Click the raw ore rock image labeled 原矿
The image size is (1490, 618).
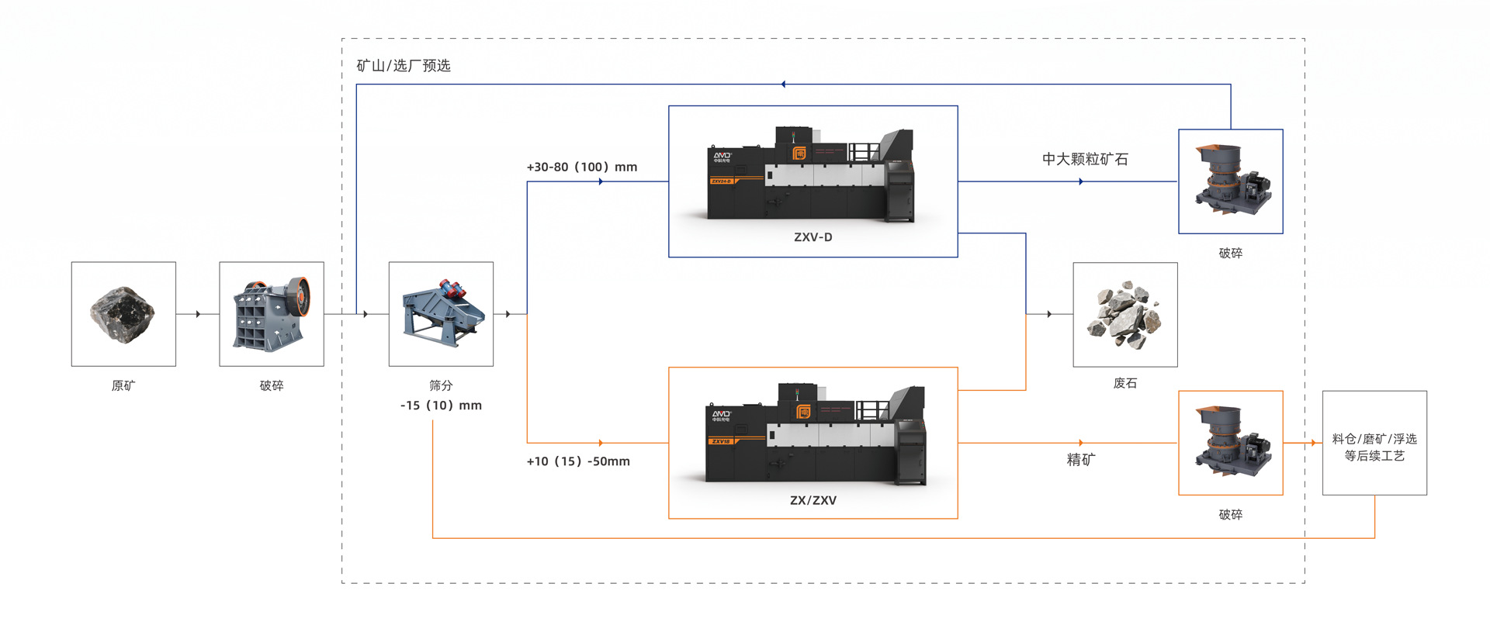(123, 314)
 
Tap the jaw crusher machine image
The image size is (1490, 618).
(272, 314)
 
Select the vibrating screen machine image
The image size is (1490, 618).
(441, 314)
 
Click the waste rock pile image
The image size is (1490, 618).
(1125, 314)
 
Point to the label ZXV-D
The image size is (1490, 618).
(813, 237)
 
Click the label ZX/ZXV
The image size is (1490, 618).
(813, 500)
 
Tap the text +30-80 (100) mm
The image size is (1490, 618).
(582, 167)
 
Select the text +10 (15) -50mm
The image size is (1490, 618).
(578, 461)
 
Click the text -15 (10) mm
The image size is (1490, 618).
(441, 406)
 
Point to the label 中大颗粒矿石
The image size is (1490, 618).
(1085, 159)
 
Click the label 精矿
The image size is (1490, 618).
(1081, 460)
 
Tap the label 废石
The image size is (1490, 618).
(1125, 383)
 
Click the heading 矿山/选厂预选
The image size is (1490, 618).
(404, 66)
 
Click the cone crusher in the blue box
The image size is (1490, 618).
(1230, 181)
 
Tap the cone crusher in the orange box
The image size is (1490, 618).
(1230, 443)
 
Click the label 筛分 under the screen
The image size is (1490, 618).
(441, 385)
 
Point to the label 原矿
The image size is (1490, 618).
(123, 385)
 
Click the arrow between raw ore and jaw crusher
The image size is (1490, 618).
(198, 314)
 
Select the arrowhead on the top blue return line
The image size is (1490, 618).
(783, 84)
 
